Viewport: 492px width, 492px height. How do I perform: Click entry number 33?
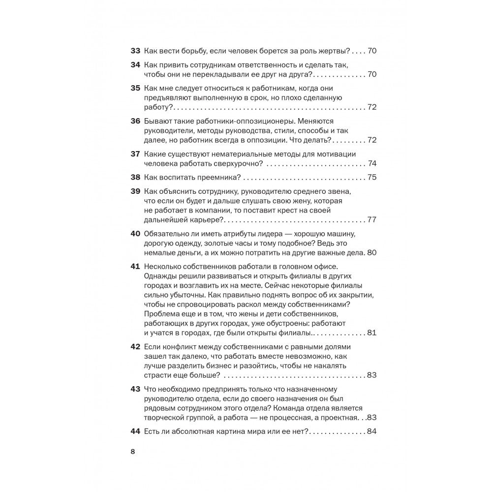coord(135,51)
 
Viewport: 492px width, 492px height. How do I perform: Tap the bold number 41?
coord(135,267)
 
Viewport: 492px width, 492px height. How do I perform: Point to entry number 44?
coord(135,431)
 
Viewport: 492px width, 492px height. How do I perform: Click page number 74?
coord(372,163)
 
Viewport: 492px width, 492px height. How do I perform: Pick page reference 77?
coord(372,219)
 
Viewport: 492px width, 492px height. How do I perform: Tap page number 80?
coord(372,252)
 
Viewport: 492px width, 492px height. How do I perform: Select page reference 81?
coord(372,333)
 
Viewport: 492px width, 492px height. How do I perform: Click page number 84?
coord(372,431)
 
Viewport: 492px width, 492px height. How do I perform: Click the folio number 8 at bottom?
coord(133,452)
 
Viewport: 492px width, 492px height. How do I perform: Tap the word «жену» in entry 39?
coord(285,202)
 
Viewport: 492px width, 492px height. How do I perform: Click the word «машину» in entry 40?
coord(350,234)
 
